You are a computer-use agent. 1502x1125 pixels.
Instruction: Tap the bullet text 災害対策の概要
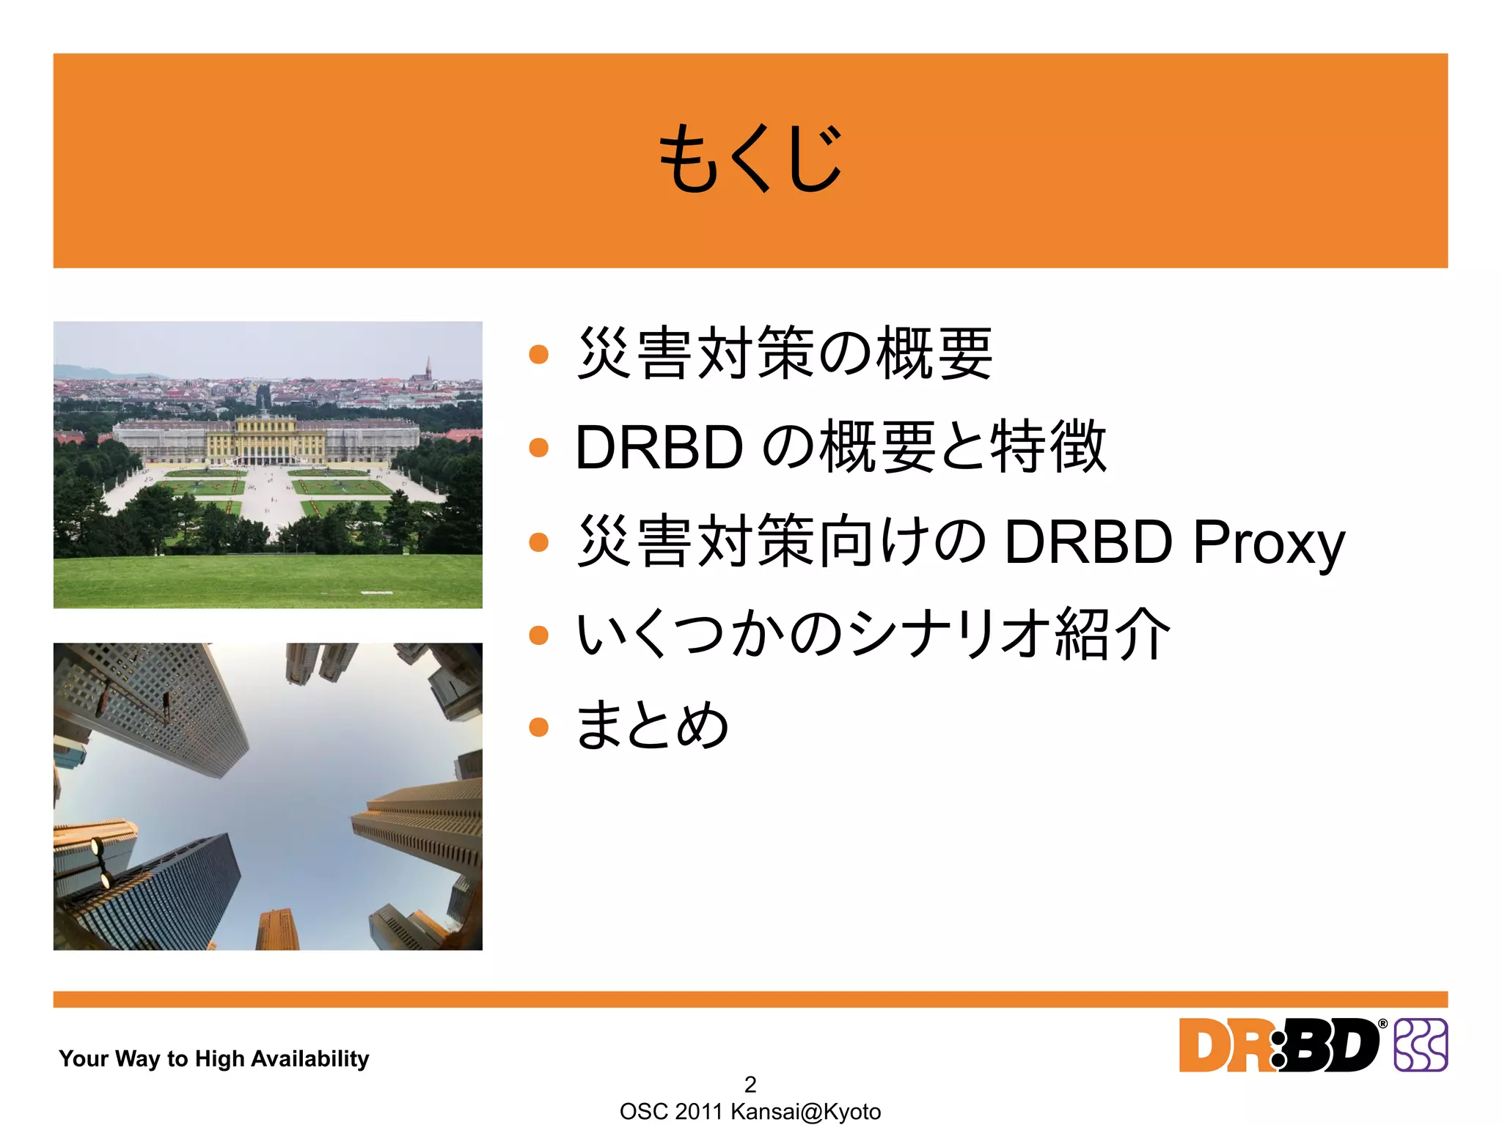(x=784, y=354)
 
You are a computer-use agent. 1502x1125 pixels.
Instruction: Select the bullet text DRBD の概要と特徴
(x=840, y=447)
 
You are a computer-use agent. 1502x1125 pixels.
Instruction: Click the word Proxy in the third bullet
(x=1269, y=542)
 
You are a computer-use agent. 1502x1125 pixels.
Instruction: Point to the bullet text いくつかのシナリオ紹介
(x=873, y=635)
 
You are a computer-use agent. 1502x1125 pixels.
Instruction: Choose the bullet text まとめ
(x=652, y=726)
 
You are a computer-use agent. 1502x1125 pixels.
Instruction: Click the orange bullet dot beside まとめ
(x=539, y=727)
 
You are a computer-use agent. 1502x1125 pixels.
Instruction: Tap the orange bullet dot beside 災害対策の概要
(x=539, y=355)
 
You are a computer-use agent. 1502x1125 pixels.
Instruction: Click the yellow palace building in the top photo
(x=266, y=440)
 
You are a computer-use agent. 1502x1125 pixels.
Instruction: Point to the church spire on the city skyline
(x=428, y=366)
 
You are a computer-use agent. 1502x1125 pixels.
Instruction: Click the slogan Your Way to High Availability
(x=214, y=1058)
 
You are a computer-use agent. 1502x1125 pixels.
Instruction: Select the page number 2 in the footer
(x=750, y=1084)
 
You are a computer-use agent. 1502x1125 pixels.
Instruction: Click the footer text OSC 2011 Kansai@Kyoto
(x=750, y=1112)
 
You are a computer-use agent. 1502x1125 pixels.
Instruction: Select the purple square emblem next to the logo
(x=1421, y=1045)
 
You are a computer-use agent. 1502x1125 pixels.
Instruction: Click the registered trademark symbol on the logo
(x=1382, y=1024)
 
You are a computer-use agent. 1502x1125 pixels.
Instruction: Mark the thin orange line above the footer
(x=750, y=999)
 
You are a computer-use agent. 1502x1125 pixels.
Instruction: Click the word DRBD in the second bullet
(x=659, y=448)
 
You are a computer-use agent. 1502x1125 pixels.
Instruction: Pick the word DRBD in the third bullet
(x=1088, y=542)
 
